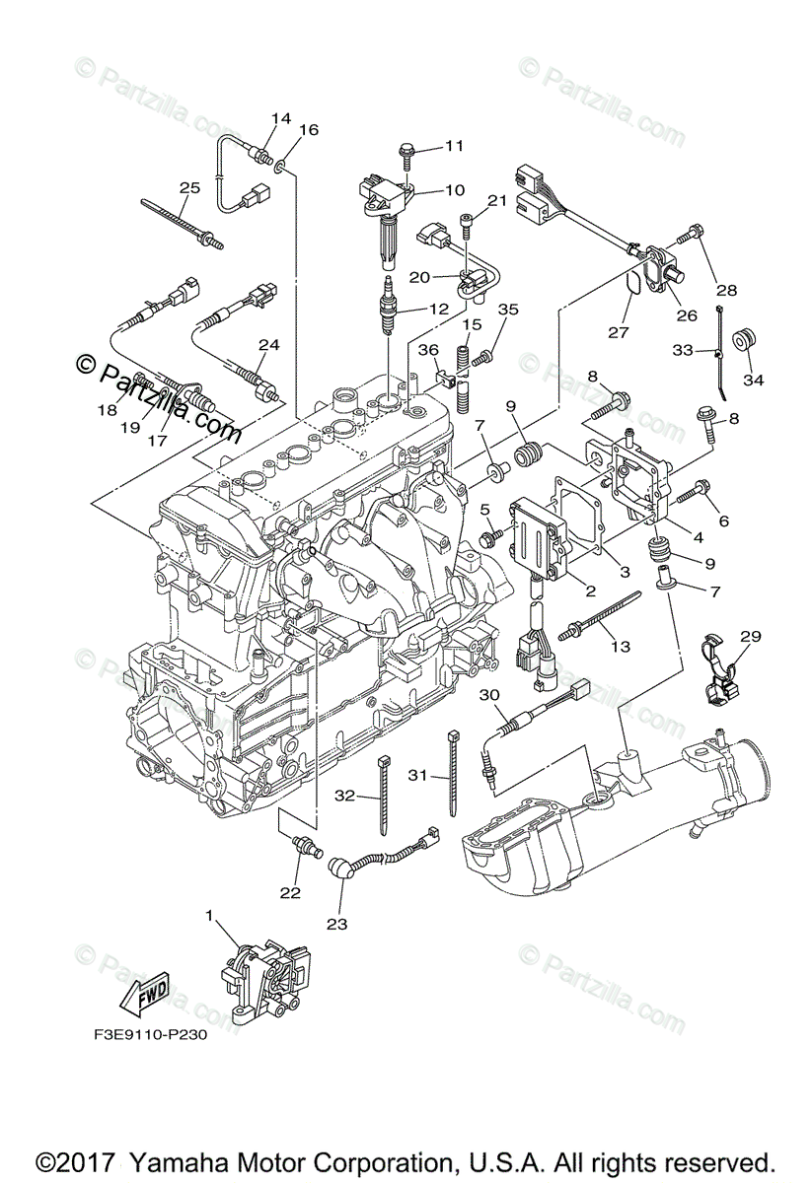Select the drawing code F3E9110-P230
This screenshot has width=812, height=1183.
coord(143,1037)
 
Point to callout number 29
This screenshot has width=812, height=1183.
coord(751,638)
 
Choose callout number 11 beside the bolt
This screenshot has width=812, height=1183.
coord(453,146)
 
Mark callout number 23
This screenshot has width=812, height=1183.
coord(337,924)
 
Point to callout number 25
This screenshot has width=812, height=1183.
coord(190,187)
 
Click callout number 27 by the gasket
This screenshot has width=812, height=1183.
coord(619,332)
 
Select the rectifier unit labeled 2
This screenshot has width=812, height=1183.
coord(538,537)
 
